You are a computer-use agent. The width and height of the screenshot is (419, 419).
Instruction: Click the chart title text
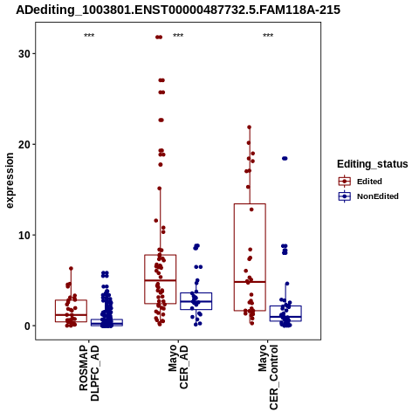click(x=178, y=10)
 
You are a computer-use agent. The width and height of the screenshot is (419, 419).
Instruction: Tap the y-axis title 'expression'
click(x=10, y=181)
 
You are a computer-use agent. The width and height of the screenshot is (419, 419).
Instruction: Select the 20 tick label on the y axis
click(x=24, y=144)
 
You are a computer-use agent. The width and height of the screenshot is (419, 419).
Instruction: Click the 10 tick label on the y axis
click(x=24, y=235)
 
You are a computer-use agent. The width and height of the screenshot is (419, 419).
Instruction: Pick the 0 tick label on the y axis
click(x=27, y=326)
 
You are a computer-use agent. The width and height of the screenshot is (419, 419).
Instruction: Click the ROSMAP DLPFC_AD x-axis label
click(x=89, y=373)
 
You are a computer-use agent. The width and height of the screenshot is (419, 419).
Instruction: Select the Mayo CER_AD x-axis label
click(x=178, y=367)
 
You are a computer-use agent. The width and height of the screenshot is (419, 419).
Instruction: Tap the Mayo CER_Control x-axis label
click(x=268, y=377)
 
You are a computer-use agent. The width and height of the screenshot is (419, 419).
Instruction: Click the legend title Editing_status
click(x=372, y=164)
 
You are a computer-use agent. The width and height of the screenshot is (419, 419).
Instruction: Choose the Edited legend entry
click(x=360, y=182)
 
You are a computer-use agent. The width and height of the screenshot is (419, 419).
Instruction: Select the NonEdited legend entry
click(x=368, y=196)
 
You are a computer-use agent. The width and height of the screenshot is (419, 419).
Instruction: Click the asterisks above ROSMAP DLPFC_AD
click(x=89, y=36)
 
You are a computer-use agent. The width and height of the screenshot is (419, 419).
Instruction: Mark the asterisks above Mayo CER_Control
click(x=268, y=36)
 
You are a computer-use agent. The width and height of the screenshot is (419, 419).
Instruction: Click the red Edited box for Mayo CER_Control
click(x=250, y=204)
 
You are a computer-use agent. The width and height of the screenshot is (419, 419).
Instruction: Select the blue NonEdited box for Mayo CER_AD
click(x=196, y=293)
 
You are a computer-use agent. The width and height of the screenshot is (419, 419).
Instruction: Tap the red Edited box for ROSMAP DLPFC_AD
click(x=71, y=300)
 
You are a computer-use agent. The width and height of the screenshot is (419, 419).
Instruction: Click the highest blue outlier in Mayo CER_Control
click(x=285, y=158)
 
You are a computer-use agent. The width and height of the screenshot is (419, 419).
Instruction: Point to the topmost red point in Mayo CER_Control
click(x=250, y=127)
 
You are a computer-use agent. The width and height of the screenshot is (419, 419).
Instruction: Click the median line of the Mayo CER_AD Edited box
click(x=161, y=280)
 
